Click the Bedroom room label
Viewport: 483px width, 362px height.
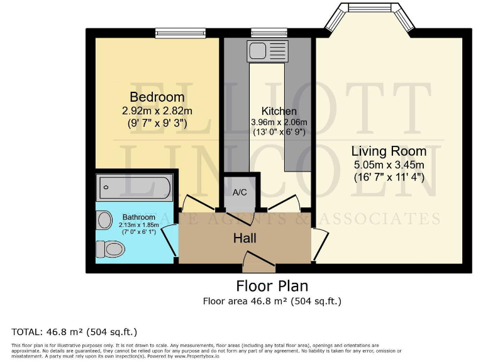pyautogui.click(x=157, y=97)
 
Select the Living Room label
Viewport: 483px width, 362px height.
pyautogui.click(x=388, y=151)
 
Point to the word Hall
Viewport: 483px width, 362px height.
pyautogui.click(x=245, y=238)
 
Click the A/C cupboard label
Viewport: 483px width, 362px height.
pyautogui.click(x=240, y=193)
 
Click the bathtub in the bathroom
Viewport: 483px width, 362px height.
pyautogui.click(x=134, y=187)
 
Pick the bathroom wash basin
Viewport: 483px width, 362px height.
pyautogui.click(x=104, y=220)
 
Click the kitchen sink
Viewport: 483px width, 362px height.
pyautogui.click(x=258, y=49)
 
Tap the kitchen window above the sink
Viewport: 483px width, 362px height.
pyautogui.click(x=269, y=31)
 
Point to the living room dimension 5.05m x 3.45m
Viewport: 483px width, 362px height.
pyautogui.click(x=388, y=165)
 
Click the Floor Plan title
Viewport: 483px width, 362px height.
pyautogui.click(x=272, y=287)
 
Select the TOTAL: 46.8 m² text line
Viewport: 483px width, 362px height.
pyautogui.click(x=74, y=331)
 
